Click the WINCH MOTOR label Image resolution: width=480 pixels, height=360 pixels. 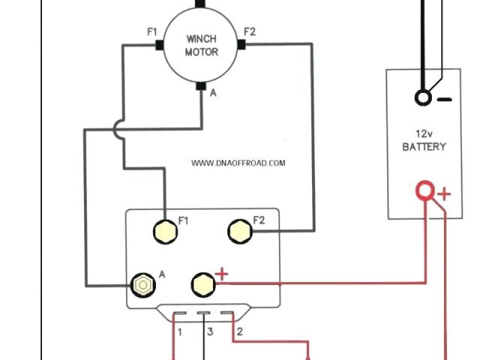pyautogui.click(x=201, y=46)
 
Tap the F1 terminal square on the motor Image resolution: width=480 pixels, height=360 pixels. pyautogui.click(x=160, y=45)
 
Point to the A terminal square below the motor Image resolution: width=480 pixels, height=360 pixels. pyautogui.click(x=201, y=86)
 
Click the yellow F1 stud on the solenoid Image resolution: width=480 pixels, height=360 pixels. pyautogui.click(x=164, y=230)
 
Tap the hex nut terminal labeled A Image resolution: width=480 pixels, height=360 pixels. pyautogui.click(x=141, y=285)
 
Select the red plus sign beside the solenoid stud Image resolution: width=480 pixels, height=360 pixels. pyautogui.click(x=221, y=274)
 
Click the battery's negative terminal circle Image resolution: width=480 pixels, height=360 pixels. pyautogui.click(x=423, y=97)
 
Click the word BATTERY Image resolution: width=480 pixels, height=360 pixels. pyautogui.click(x=424, y=147)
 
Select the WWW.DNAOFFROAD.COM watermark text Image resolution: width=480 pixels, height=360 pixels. pyautogui.click(x=238, y=163)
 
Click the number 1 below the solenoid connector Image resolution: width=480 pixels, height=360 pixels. pyautogui.click(x=179, y=331)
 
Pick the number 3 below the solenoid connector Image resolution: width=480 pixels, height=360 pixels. pyautogui.click(x=210, y=331)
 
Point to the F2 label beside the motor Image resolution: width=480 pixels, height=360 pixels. pyautogui.click(x=250, y=31)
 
